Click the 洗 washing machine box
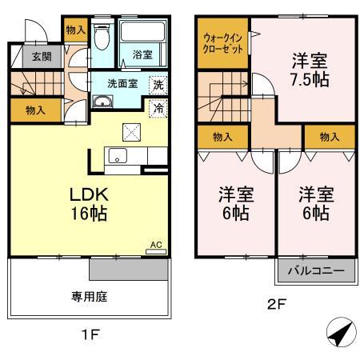(x=158, y=84)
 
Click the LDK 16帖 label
(x=89, y=204)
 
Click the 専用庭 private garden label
(x=90, y=295)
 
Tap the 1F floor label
(x=89, y=335)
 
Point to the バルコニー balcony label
(x=316, y=271)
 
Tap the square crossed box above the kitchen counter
(x=131, y=132)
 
